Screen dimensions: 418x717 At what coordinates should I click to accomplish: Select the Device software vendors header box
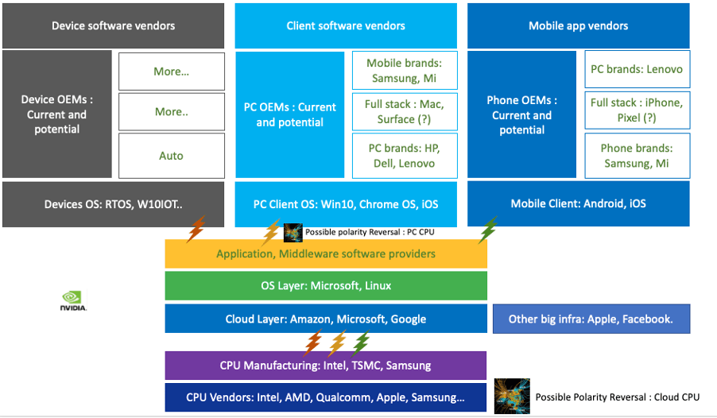click(x=113, y=25)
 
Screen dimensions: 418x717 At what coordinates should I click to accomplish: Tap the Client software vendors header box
click(x=346, y=25)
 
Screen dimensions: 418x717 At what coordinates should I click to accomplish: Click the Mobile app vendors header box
click(x=578, y=25)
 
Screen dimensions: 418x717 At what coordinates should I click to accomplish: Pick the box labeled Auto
click(x=171, y=156)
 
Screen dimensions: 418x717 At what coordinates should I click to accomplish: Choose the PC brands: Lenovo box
click(x=636, y=69)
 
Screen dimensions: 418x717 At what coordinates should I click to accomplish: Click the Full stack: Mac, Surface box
click(x=405, y=112)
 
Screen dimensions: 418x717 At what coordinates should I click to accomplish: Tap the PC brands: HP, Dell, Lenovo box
click(x=405, y=156)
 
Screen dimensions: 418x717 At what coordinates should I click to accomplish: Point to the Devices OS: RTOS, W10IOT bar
click(x=113, y=204)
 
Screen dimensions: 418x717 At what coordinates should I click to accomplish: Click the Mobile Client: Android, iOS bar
click(x=578, y=203)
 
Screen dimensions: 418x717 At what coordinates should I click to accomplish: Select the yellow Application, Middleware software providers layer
click(x=326, y=254)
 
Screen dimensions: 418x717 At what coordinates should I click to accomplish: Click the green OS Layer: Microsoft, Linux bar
click(x=326, y=285)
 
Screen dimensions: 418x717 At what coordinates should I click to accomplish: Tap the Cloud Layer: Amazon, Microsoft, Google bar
click(x=326, y=319)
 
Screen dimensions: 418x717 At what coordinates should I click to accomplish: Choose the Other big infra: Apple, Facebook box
click(x=591, y=319)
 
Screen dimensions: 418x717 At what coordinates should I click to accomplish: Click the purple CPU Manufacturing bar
click(x=326, y=366)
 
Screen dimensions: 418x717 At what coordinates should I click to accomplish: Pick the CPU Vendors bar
click(x=326, y=397)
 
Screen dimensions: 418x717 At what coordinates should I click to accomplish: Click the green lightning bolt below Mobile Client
click(x=488, y=228)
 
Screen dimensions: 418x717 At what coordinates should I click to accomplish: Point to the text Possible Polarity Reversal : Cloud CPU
click(x=617, y=397)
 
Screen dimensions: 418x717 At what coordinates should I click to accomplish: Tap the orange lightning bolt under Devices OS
click(x=195, y=229)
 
